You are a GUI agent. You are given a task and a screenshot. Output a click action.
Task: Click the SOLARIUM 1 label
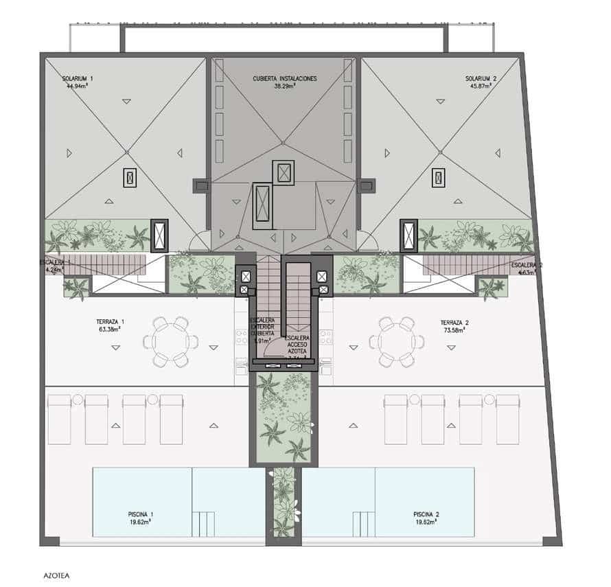pos(77,79)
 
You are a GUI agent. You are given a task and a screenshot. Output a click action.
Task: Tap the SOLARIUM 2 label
pos(481,79)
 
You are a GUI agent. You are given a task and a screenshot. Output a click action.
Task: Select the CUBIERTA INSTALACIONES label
pos(285,79)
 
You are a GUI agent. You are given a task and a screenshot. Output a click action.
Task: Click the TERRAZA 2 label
pos(454,321)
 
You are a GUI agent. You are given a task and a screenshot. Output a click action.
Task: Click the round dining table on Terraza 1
pos(170,341)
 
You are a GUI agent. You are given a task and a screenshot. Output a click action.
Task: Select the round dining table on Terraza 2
pos(396,341)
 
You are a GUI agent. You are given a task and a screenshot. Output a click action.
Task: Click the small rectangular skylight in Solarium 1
pos(130,178)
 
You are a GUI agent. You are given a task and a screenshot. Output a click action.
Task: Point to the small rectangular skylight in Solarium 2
pos(438,178)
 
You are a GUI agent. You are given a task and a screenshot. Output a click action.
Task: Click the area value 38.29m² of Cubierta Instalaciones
pos(284,87)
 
